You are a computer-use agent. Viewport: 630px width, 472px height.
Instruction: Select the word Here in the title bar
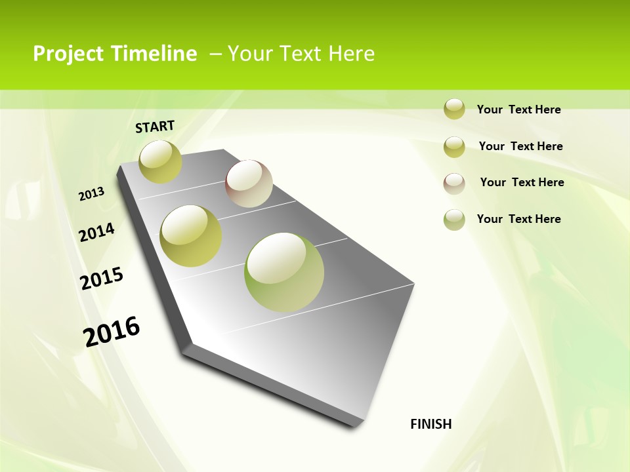pos(351,54)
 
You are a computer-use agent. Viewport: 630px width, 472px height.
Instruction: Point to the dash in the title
pos(215,54)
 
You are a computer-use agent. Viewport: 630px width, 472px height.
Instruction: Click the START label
pos(155,127)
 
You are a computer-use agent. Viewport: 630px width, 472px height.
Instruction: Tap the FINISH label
pos(431,424)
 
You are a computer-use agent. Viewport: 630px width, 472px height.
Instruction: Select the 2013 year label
pos(91,194)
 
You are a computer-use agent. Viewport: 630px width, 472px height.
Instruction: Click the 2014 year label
pos(96,232)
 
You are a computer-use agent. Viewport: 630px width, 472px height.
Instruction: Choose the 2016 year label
pos(112,331)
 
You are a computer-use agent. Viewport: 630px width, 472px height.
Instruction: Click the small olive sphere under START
pos(160,161)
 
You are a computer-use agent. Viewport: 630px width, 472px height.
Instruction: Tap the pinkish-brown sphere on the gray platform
pos(249,184)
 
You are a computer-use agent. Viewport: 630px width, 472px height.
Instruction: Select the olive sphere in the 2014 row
pos(191,236)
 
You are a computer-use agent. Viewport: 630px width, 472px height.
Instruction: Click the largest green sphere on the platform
pos(284,272)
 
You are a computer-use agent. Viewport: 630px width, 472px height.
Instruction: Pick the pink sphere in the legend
pos(454,183)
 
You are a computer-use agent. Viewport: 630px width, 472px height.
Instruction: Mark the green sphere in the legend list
pos(454,220)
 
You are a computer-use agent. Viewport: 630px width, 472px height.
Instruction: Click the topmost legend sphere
pos(454,109)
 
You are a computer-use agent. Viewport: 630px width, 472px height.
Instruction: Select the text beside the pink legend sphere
pos(522,182)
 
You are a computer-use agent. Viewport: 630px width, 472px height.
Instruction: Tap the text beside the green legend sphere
pos(518,219)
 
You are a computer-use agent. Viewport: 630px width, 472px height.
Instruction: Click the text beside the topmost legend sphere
pos(518,109)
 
